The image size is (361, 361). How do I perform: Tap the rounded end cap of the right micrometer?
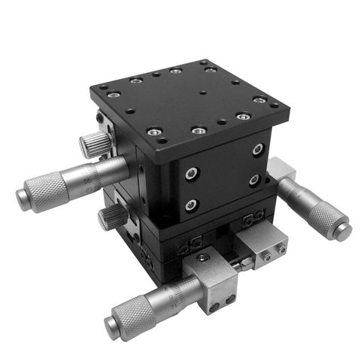[x=343, y=230]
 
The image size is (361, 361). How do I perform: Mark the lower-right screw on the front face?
[x=254, y=180]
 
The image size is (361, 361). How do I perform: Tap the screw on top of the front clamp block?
[x=203, y=259]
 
